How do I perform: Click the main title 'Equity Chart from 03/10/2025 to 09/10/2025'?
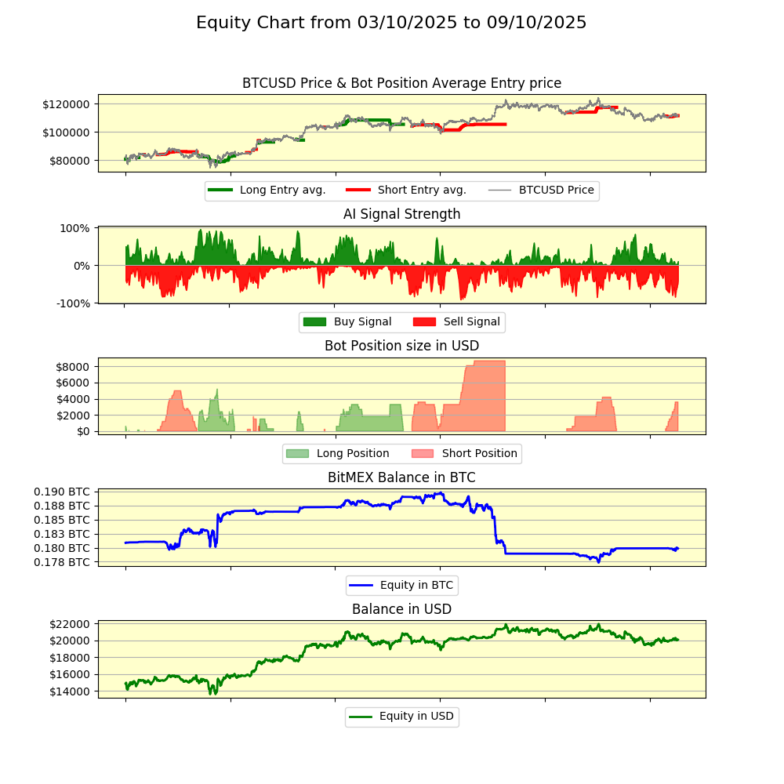[391, 23]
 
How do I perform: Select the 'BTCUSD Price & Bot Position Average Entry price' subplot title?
[401, 83]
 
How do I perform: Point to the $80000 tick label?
[68, 161]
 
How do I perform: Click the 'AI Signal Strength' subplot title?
[401, 214]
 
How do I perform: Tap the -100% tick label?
[72, 303]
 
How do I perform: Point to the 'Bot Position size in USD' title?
[401, 346]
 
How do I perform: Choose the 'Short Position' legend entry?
[479, 453]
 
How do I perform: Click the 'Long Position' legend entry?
[352, 453]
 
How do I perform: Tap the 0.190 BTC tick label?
[62, 492]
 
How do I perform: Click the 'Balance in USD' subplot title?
[401, 609]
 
